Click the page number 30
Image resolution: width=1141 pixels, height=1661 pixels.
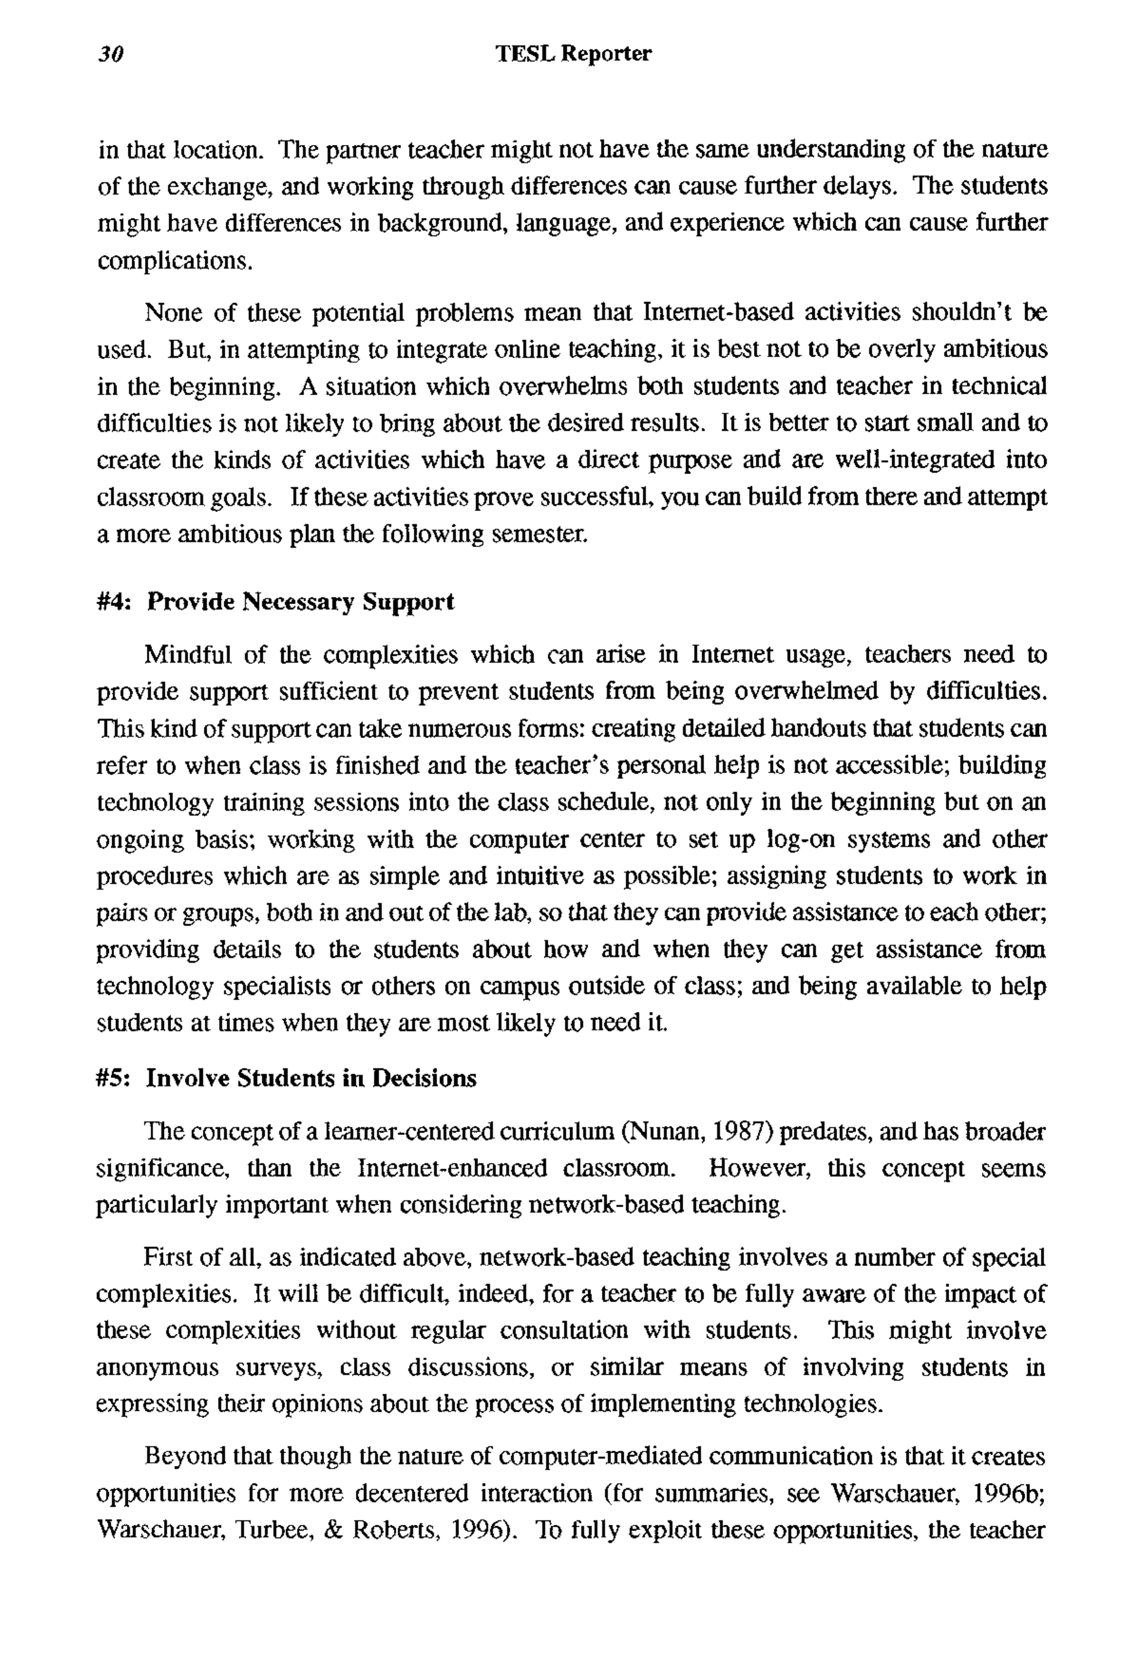[111, 54]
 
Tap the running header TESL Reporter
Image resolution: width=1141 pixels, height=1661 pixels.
[574, 54]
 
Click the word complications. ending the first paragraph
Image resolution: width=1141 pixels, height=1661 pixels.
[175, 261]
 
